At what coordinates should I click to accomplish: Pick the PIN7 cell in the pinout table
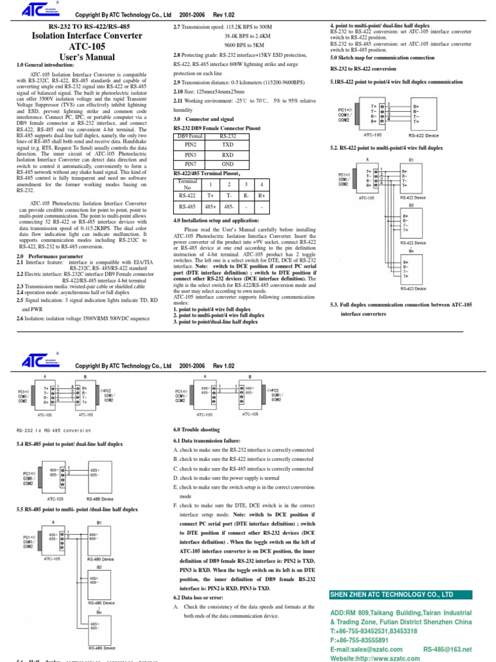[191, 164]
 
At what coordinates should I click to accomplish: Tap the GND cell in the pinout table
[228, 164]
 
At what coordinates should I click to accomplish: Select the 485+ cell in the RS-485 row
[211, 207]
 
